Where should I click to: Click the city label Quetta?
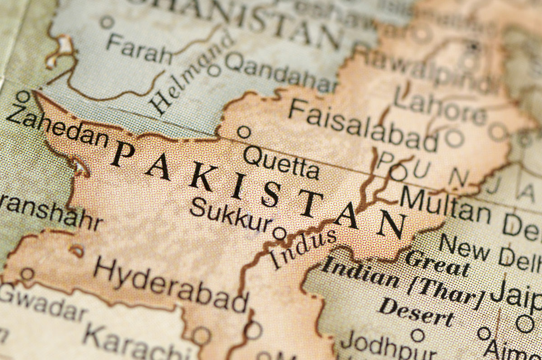[x=281, y=162]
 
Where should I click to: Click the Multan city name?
[x=445, y=206]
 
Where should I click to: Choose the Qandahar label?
[x=280, y=72]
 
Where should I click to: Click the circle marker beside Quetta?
[x=244, y=132]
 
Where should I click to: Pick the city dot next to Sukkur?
[x=280, y=234]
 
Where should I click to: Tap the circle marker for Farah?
[x=107, y=22]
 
